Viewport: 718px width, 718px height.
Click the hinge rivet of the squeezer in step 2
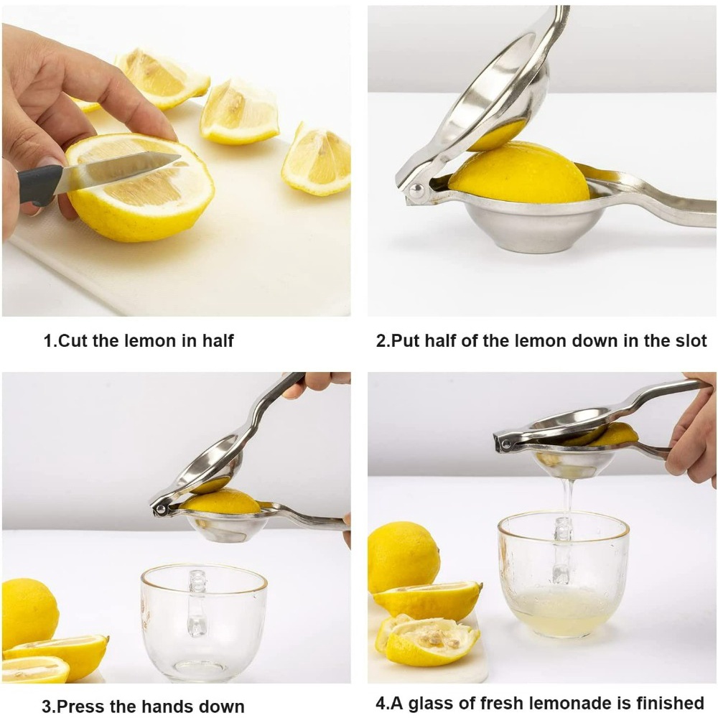point(416,190)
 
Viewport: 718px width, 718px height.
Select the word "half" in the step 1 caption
point(218,340)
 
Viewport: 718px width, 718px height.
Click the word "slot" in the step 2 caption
point(691,340)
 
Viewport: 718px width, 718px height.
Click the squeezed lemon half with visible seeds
point(428,639)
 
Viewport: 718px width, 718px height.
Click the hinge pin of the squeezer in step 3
point(160,509)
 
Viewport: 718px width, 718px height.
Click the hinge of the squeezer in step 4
point(506,443)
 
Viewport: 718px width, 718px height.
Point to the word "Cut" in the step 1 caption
point(72,340)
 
